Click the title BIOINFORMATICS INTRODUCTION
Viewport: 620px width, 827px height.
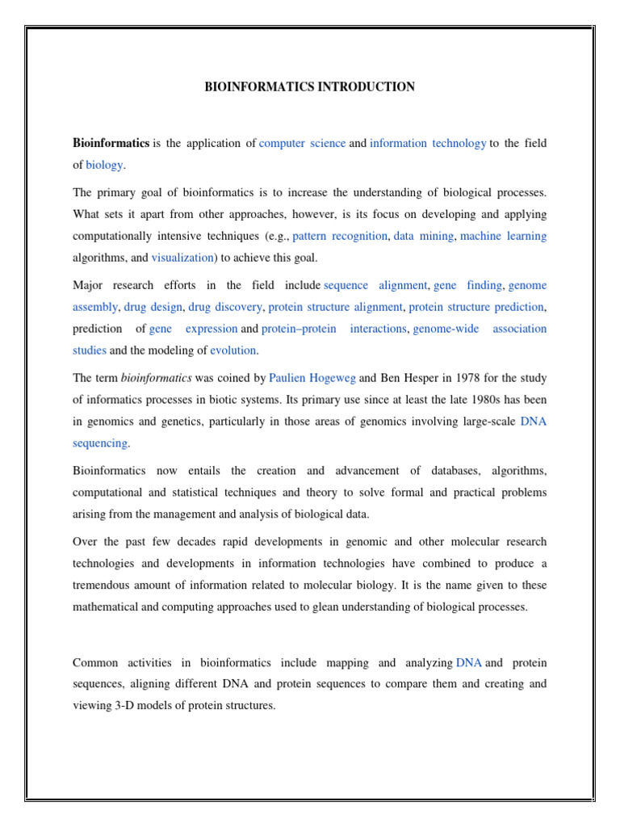(309, 86)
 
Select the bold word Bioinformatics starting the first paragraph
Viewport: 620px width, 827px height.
(111, 143)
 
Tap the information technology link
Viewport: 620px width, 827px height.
(428, 143)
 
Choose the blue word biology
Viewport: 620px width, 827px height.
(104, 165)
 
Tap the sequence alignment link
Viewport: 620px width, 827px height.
(375, 285)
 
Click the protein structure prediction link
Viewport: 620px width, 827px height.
(477, 307)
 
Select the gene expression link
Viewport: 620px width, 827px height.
(194, 329)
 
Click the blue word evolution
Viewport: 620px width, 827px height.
(232, 351)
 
